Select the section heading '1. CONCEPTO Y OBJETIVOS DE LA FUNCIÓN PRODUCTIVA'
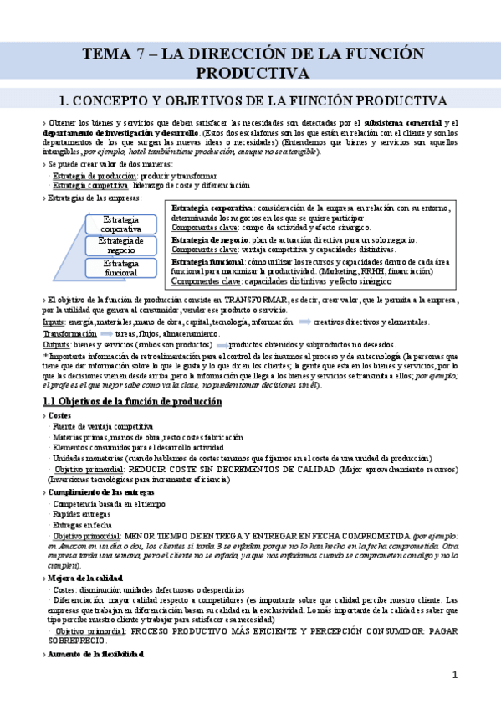[250, 100]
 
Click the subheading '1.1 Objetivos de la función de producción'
[131, 402]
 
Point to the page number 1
[456, 674]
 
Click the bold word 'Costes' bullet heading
[59, 415]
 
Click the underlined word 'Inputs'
[54, 322]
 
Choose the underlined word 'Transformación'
[69, 333]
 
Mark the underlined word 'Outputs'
[56, 344]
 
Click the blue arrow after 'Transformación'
[106, 333]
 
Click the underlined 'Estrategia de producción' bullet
[88, 177]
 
